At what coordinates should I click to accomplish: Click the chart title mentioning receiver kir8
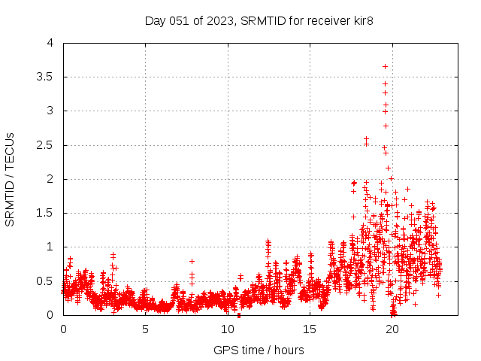click(259, 20)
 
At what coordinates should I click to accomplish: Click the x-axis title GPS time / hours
click(259, 350)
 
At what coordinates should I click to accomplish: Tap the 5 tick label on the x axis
click(145, 329)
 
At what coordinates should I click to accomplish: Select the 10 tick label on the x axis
click(227, 329)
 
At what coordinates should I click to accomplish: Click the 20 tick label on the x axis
click(391, 329)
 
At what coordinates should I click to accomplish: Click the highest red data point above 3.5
click(385, 66)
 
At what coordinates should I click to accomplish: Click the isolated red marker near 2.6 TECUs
click(366, 139)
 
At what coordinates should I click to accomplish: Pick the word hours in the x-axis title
click(289, 350)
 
